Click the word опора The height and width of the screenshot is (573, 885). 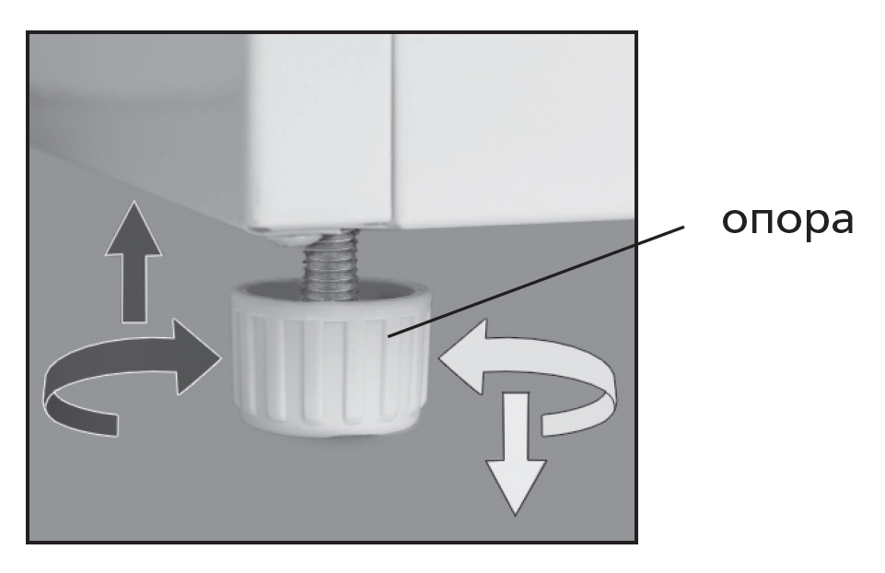point(787,221)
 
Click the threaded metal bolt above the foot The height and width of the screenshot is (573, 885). point(332,263)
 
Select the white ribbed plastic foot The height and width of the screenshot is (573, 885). point(332,359)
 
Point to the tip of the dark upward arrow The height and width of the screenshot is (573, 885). point(134,201)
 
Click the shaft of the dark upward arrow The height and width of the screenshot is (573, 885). point(134,289)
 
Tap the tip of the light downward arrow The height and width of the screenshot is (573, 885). point(516,514)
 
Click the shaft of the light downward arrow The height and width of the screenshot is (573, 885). point(516,427)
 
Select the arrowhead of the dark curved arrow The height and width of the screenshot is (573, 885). point(197,357)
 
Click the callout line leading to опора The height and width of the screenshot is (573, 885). point(536,282)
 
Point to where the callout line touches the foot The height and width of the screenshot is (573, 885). point(389,337)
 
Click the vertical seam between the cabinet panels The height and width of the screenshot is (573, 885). point(392,129)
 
